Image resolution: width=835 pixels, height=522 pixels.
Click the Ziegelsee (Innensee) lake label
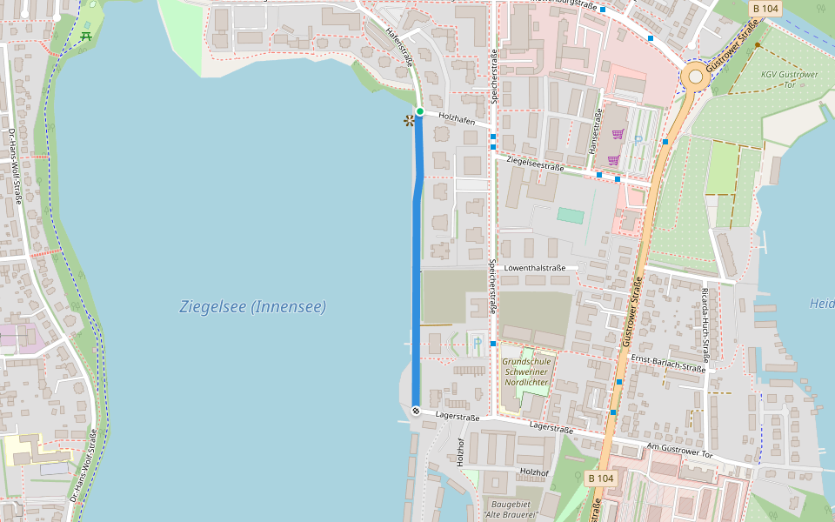pos(252,307)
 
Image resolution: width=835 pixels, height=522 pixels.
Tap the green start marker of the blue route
pos(419,111)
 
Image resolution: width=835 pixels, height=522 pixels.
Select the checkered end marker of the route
pos(416,411)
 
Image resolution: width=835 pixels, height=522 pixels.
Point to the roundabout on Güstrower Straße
pos(695,77)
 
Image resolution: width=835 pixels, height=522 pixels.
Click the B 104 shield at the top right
pos(765,8)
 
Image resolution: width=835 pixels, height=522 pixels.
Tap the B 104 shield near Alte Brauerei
pos(600,478)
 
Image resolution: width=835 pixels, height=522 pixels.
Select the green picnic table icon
pos(85,36)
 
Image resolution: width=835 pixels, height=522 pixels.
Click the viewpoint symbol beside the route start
pos(408,120)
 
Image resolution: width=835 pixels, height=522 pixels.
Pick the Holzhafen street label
pos(457,119)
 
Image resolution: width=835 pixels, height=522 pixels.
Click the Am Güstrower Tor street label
pos(679,450)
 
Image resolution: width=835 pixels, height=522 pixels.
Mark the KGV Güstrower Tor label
pos(790,79)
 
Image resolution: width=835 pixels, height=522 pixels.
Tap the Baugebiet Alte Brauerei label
pos(511,509)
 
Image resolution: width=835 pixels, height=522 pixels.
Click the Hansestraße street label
pos(598,130)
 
